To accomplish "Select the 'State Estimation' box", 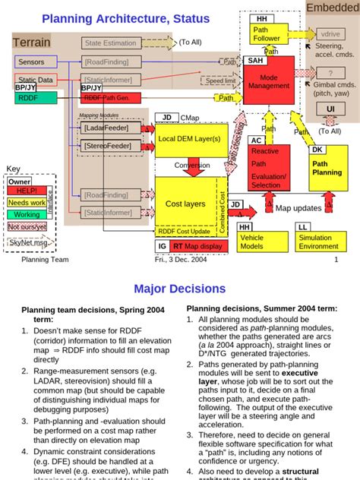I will pyautogui.click(x=111, y=43).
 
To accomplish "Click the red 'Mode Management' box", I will pyautogui.click(x=268, y=81).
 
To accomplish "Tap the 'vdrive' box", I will pyautogui.click(x=330, y=34).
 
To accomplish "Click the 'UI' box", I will pyautogui.click(x=330, y=109).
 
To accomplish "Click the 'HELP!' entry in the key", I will pyautogui.click(x=27, y=192).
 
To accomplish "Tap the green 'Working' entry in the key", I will pyautogui.click(x=27, y=215).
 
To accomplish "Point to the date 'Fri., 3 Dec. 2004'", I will pyautogui.click(x=180, y=260).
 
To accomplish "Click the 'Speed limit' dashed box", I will pyautogui.click(x=221, y=80).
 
